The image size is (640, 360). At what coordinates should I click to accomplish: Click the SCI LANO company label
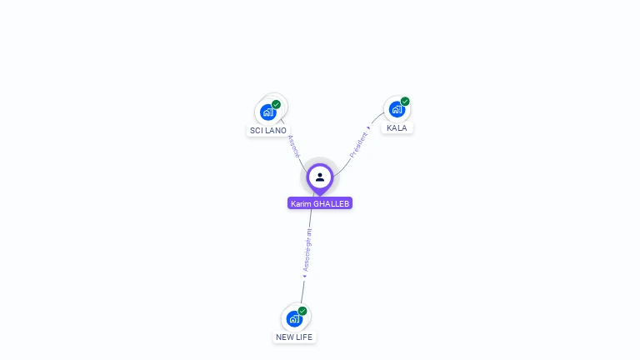coord(268,131)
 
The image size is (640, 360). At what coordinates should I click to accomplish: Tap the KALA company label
coord(397,128)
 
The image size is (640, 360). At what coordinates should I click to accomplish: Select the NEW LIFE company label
coord(294,337)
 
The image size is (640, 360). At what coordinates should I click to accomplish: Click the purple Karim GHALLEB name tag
coord(320,203)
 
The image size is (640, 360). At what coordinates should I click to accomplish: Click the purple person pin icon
coord(320,177)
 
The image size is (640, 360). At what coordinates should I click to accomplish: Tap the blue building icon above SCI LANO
coord(267,112)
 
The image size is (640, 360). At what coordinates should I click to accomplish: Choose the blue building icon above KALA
coord(397,109)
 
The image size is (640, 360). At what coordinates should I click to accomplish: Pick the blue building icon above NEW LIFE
coord(293,318)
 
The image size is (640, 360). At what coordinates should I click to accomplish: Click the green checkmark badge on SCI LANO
coord(277,104)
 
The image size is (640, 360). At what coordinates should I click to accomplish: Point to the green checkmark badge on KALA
coord(405,102)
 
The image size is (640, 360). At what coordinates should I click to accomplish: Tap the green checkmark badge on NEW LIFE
coord(302,311)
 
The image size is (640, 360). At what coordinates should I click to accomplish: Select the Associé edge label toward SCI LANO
coord(293,146)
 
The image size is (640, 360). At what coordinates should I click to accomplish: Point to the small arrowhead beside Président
coord(368,127)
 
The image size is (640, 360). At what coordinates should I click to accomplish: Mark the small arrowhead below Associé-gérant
coord(305,275)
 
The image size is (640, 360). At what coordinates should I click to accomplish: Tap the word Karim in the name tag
coord(301,203)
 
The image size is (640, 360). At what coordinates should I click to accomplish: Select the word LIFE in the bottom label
coord(304,337)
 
